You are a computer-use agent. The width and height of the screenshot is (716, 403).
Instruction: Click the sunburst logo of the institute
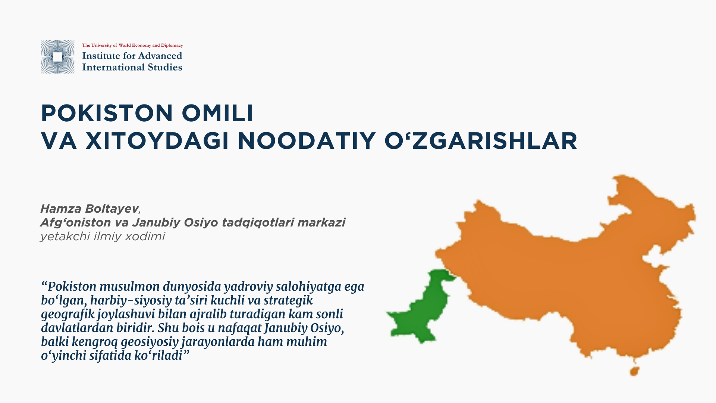coord(57,57)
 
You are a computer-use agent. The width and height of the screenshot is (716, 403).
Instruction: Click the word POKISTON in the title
coord(107,113)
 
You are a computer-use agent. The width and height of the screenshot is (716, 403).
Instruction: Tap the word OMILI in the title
coord(218,113)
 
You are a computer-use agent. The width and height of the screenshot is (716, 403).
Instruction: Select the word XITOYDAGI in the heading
coord(157,141)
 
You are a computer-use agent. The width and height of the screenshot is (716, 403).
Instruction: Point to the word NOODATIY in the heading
coord(307,141)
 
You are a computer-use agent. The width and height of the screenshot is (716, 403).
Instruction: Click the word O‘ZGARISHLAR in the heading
coord(481,141)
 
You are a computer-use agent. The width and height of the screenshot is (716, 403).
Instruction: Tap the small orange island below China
coord(634,371)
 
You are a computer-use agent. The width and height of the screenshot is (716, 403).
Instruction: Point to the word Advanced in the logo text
coord(161,56)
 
